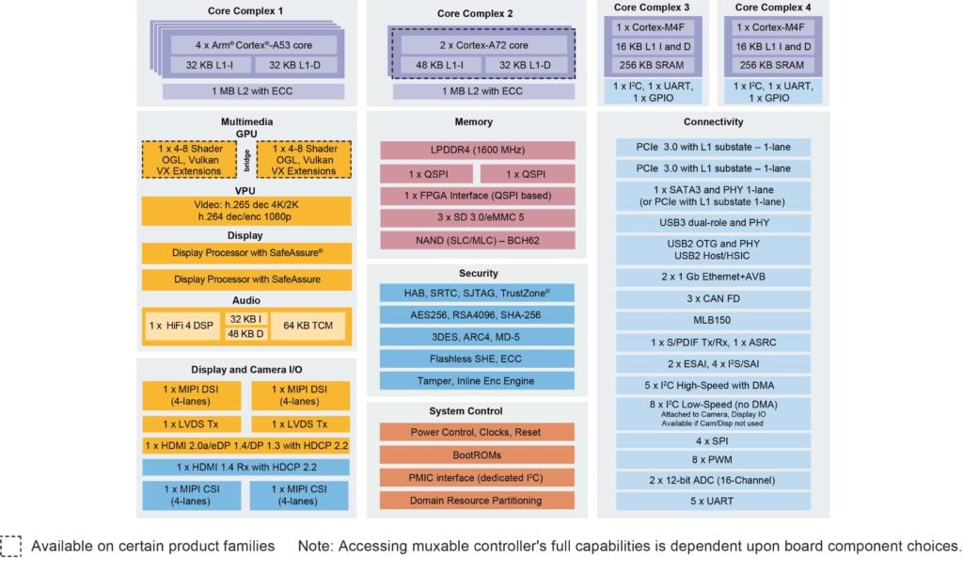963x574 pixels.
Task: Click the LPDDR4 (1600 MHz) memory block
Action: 477,150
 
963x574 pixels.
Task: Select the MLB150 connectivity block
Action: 713,320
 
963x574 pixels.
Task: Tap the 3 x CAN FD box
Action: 713,298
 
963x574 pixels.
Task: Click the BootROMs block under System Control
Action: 477,455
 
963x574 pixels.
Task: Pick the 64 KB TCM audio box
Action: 308,326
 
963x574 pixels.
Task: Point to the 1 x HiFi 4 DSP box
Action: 182,326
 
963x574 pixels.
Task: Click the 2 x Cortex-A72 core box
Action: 483,45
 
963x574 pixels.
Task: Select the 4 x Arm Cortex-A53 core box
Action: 254,45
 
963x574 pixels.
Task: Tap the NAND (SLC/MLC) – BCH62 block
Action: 477,240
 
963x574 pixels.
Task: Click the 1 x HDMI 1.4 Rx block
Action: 245,467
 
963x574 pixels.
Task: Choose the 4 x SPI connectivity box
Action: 713,441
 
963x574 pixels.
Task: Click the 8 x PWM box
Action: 713,460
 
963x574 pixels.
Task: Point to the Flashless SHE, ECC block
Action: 477,359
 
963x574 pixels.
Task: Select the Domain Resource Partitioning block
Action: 477,501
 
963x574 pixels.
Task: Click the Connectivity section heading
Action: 713,121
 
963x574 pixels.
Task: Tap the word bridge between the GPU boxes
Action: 247,160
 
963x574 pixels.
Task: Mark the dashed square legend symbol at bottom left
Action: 10,547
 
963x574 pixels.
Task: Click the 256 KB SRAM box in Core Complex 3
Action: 653,65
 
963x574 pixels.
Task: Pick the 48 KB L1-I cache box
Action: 440,65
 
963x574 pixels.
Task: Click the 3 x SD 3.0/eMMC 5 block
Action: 477,217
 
